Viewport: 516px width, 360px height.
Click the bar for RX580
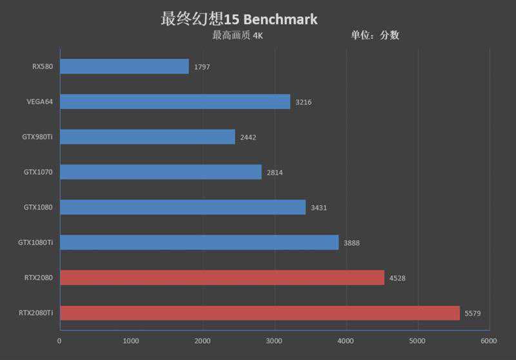(x=124, y=66)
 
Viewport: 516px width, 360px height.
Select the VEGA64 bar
(x=175, y=101)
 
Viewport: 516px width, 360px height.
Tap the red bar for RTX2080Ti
(x=260, y=313)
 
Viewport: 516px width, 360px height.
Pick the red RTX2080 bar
(x=222, y=278)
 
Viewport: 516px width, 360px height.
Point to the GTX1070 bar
(x=161, y=172)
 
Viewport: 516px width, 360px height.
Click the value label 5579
(x=473, y=314)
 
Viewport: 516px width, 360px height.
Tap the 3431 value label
(x=319, y=208)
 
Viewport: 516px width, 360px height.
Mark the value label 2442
(x=248, y=137)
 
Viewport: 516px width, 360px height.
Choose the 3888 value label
(x=352, y=243)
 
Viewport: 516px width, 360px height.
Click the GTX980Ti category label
(x=37, y=137)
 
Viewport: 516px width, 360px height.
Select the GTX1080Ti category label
(x=35, y=243)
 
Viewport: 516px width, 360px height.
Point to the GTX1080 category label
(x=38, y=207)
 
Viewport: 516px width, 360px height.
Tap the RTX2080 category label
(x=38, y=278)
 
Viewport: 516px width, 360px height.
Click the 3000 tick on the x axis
(x=275, y=341)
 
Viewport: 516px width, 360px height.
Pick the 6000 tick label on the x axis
(x=489, y=341)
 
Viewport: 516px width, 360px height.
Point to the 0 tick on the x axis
(x=60, y=341)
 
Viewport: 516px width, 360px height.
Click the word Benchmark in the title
(x=281, y=19)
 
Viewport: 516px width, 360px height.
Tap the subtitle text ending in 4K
(x=237, y=35)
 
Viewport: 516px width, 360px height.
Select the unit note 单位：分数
(x=375, y=35)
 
